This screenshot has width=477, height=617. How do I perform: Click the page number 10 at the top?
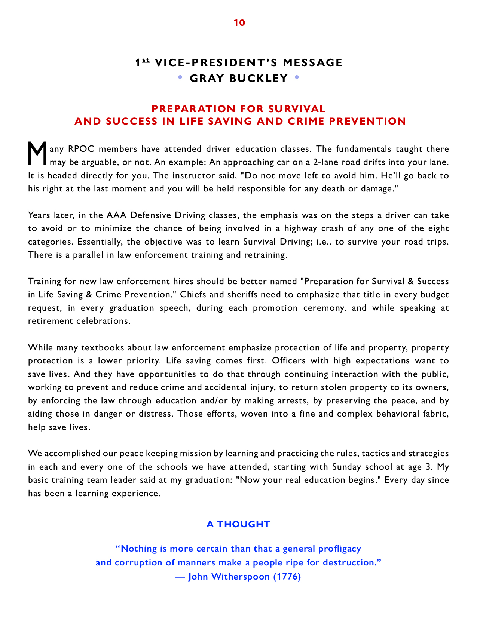(239, 23)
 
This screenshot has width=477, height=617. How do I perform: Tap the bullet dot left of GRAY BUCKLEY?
(180, 77)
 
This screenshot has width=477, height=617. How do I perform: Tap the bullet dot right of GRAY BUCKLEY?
(297, 77)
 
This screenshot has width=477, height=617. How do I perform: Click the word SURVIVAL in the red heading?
(297, 109)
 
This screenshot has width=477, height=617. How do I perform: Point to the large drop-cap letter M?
(37, 153)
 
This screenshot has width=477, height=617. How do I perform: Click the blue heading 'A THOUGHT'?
(238, 524)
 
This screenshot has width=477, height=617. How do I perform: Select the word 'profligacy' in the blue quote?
(340, 549)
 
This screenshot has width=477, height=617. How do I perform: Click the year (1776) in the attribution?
(287, 577)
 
